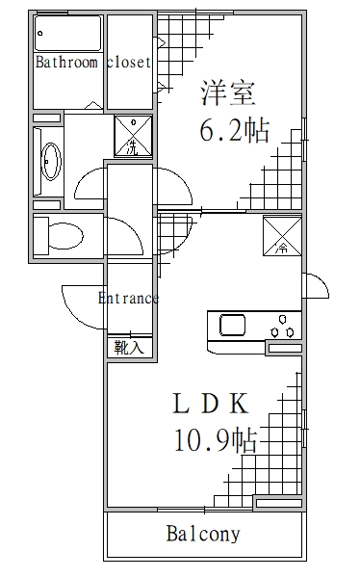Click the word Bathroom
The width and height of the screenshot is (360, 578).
(x=65, y=63)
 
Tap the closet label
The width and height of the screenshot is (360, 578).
(x=125, y=63)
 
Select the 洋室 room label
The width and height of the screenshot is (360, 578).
(x=227, y=94)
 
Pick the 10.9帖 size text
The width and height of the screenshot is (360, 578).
(x=216, y=440)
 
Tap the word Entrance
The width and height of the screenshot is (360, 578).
(x=128, y=298)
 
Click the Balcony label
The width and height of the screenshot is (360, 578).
(x=203, y=534)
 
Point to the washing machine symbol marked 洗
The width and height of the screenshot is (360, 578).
(x=132, y=135)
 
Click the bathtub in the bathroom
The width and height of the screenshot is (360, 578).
(x=67, y=35)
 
